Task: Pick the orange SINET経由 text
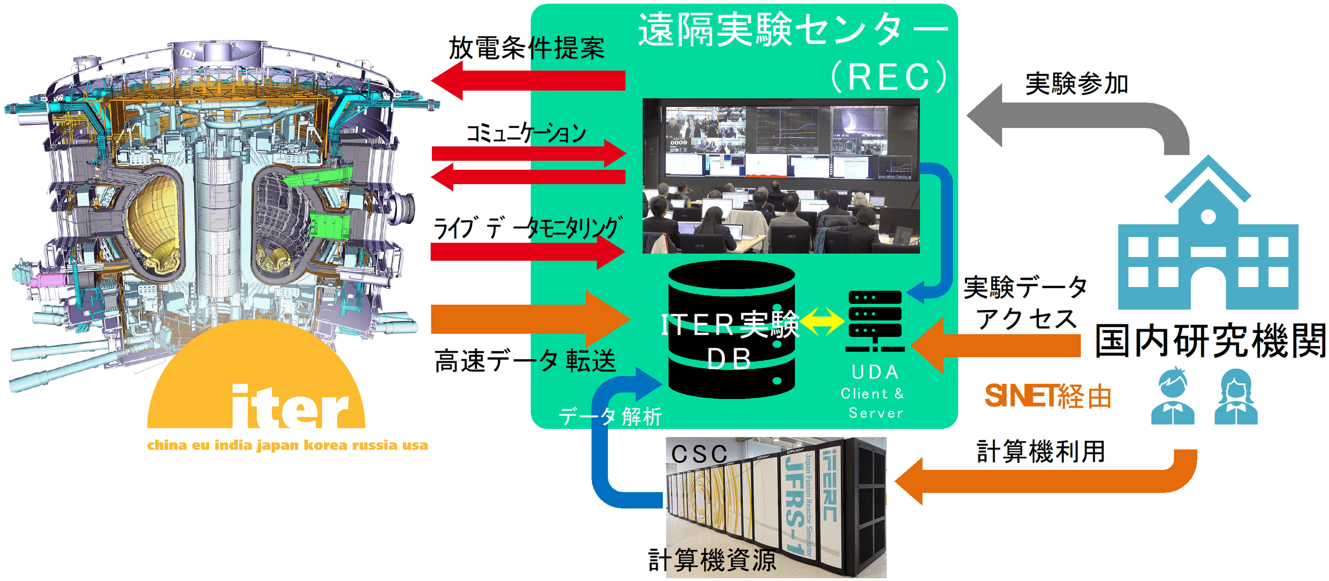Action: point(1047,396)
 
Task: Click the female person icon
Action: point(1236,397)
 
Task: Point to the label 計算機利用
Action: point(1041,452)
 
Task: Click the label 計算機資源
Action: point(712,560)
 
